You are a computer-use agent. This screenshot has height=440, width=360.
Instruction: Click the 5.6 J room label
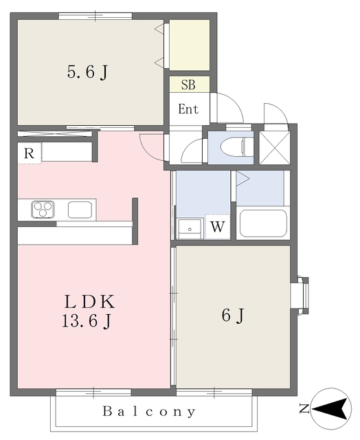[87, 72]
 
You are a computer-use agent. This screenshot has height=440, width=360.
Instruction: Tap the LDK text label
[90, 302]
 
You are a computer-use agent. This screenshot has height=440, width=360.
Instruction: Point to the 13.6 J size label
[87, 321]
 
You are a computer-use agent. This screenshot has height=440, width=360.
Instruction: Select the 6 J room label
[233, 315]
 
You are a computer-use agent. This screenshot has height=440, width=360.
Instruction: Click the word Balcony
[149, 411]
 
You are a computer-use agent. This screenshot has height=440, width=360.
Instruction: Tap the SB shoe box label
[188, 85]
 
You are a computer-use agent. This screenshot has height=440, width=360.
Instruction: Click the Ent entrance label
[188, 109]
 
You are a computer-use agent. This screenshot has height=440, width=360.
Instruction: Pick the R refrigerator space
[29, 153]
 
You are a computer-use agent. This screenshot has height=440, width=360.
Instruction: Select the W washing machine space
[218, 226]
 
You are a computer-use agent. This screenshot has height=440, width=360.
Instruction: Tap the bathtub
[263, 223]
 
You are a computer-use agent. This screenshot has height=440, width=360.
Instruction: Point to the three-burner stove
[43, 209]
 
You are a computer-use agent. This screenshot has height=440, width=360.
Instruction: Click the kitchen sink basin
[80, 210]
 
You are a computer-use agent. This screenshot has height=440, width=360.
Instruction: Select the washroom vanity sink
[190, 229]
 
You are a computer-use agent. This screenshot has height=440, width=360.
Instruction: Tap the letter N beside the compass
[304, 408]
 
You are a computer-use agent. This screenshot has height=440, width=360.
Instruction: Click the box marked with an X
[275, 148]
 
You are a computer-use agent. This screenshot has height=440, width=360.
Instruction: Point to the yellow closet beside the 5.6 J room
[190, 45]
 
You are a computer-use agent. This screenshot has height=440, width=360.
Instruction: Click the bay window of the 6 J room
[300, 296]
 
